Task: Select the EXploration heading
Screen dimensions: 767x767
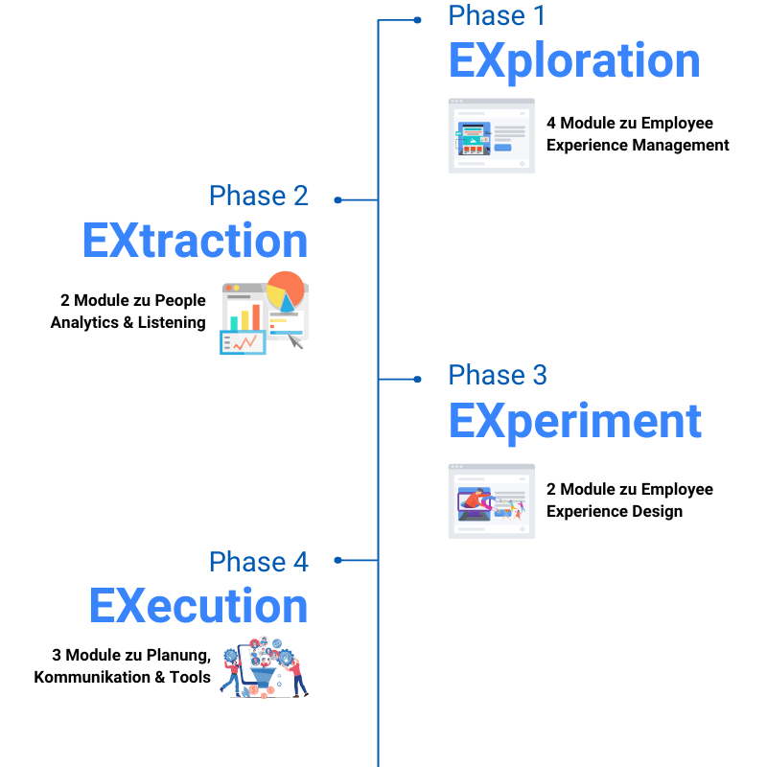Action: point(574,61)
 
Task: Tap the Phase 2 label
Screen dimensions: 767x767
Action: point(259,196)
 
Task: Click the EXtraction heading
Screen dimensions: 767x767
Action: point(195,241)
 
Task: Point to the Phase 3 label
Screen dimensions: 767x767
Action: point(498,375)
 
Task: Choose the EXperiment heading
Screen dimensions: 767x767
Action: point(575,422)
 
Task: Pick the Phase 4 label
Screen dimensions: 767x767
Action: point(259,562)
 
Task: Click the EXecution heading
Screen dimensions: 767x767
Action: point(198,607)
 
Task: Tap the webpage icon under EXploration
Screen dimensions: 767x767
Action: point(491,135)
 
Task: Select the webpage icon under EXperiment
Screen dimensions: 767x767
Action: point(491,500)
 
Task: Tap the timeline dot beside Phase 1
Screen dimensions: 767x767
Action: point(417,19)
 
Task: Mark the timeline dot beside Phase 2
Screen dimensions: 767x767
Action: point(337,199)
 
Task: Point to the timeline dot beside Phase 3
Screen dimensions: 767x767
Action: point(417,379)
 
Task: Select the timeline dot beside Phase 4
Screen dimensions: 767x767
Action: point(337,559)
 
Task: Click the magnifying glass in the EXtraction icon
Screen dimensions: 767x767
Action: point(295,340)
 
